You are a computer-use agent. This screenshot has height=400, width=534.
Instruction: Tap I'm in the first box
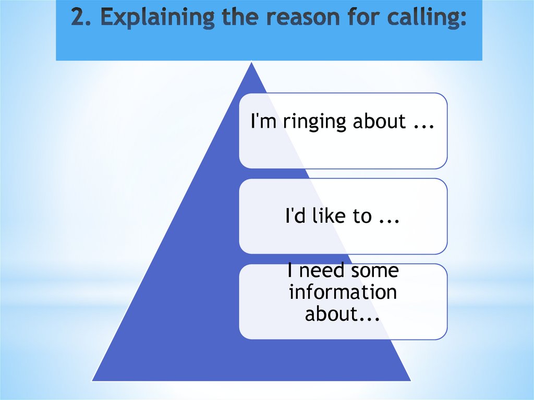(264, 122)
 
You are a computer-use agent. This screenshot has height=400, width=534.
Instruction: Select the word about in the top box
(379, 122)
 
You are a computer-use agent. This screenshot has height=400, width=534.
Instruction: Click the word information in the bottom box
(343, 292)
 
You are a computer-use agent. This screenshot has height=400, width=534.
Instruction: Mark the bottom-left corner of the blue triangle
(92, 379)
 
